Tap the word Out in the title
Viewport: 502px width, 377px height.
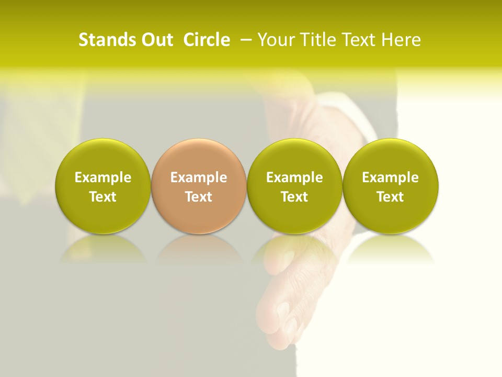(156, 40)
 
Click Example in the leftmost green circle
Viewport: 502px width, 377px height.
(102, 178)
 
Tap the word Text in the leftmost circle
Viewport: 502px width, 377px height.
(102, 197)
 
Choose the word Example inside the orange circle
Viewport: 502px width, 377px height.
(198, 178)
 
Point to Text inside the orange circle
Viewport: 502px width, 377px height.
(198, 197)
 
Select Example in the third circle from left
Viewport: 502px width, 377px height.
(294, 178)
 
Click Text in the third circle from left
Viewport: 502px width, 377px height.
(294, 197)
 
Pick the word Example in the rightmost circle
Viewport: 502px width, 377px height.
(390, 178)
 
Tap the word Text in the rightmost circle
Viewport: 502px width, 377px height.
(390, 197)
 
